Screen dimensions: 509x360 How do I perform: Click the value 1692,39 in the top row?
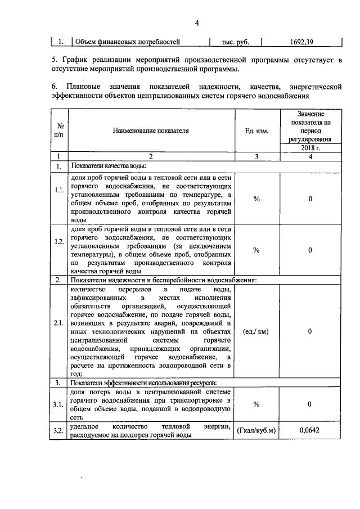301,42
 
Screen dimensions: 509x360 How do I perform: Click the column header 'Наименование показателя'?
151,130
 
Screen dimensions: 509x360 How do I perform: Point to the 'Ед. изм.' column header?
256,130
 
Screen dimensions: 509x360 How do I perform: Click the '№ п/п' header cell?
59,130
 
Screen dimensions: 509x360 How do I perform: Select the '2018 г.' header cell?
310,147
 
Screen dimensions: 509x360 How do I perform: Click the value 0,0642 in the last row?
310,430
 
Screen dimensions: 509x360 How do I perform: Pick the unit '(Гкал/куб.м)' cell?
256,430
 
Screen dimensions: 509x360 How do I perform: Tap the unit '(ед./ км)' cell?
255,331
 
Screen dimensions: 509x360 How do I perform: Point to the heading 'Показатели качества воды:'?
108,166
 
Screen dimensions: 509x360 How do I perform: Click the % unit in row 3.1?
256,404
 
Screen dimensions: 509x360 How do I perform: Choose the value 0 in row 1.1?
310,199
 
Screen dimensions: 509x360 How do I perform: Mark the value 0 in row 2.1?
310,331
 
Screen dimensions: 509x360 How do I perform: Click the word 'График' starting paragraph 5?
75,60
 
